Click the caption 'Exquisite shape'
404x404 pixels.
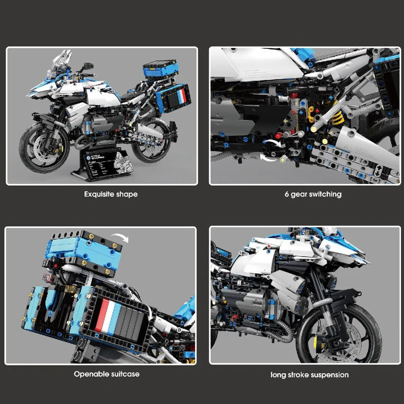point(111,194)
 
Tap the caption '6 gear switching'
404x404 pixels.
point(312,194)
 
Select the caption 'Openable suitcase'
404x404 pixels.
point(107,374)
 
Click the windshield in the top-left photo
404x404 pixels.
point(61,61)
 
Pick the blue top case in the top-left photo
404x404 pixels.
point(160,68)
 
